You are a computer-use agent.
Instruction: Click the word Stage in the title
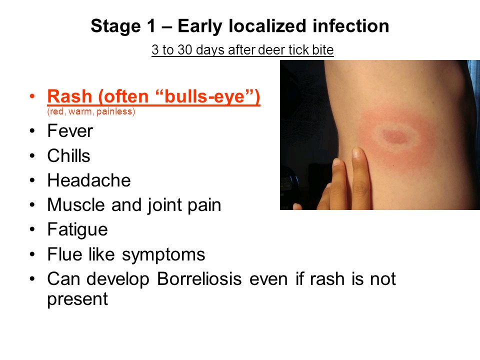point(115,26)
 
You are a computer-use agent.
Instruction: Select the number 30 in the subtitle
point(184,50)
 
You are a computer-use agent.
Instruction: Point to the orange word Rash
point(69,96)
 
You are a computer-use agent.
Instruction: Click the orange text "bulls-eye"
point(205,96)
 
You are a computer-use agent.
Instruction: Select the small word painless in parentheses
point(114,111)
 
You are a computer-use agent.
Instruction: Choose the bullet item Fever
point(70,131)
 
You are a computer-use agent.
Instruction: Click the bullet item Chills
point(68,155)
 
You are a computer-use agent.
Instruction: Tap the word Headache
point(89,180)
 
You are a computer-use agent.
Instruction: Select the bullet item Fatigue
point(77,229)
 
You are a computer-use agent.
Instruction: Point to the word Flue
point(65,254)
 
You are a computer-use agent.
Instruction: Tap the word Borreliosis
point(199,279)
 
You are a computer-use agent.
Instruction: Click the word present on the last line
point(77,299)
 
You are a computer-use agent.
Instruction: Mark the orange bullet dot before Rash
point(32,96)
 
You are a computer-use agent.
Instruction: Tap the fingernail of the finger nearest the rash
point(356,152)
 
